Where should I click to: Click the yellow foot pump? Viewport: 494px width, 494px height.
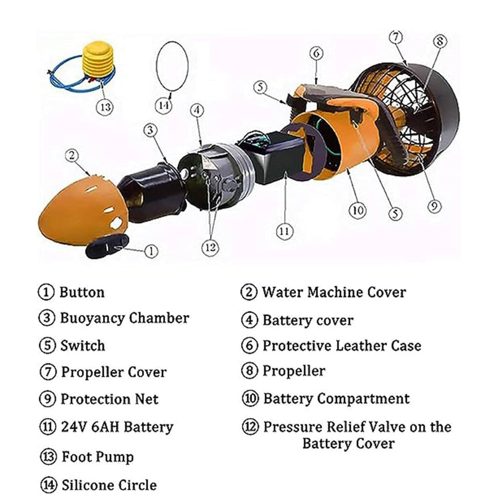[98, 64]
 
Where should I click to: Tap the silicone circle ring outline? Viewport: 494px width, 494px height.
[157, 66]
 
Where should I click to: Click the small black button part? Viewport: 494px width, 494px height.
[107, 246]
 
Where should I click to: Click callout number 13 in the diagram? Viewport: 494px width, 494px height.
[104, 107]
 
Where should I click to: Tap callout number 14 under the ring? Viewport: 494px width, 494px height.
[164, 105]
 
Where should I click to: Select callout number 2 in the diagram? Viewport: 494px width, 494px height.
[72, 156]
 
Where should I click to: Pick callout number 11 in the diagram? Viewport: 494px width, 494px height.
[285, 232]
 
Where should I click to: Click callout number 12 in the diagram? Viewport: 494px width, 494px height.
[210, 248]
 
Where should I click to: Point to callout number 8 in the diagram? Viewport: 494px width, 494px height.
[440, 41]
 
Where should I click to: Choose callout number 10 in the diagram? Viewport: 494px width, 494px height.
[358, 210]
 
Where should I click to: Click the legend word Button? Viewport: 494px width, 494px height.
[82, 292]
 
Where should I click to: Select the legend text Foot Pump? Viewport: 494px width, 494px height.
[98, 457]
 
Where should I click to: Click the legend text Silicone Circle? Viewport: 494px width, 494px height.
[109, 485]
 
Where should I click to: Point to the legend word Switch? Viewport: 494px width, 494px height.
[83, 346]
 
